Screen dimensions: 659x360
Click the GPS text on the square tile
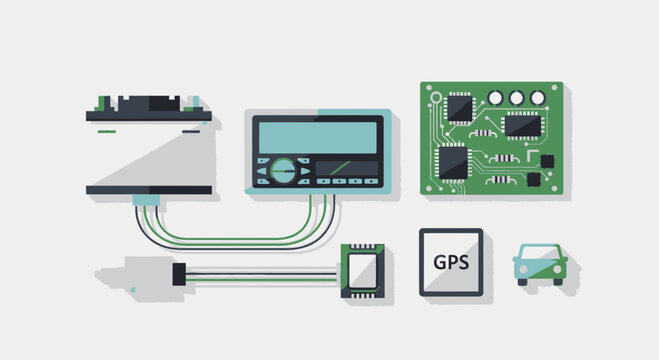pos(449,263)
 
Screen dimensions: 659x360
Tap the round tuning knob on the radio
pos(284,170)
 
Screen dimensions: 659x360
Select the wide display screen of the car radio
pos(316,136)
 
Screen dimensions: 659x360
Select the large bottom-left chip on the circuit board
pos(452,160)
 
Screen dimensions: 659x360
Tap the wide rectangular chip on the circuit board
pos(522,126)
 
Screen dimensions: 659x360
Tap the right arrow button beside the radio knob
pos(305,171)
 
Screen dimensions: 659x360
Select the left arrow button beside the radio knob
pos(263,171)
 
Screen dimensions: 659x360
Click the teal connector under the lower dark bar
pos(147,200)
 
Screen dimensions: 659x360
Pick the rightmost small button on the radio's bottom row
pos(370,182)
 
